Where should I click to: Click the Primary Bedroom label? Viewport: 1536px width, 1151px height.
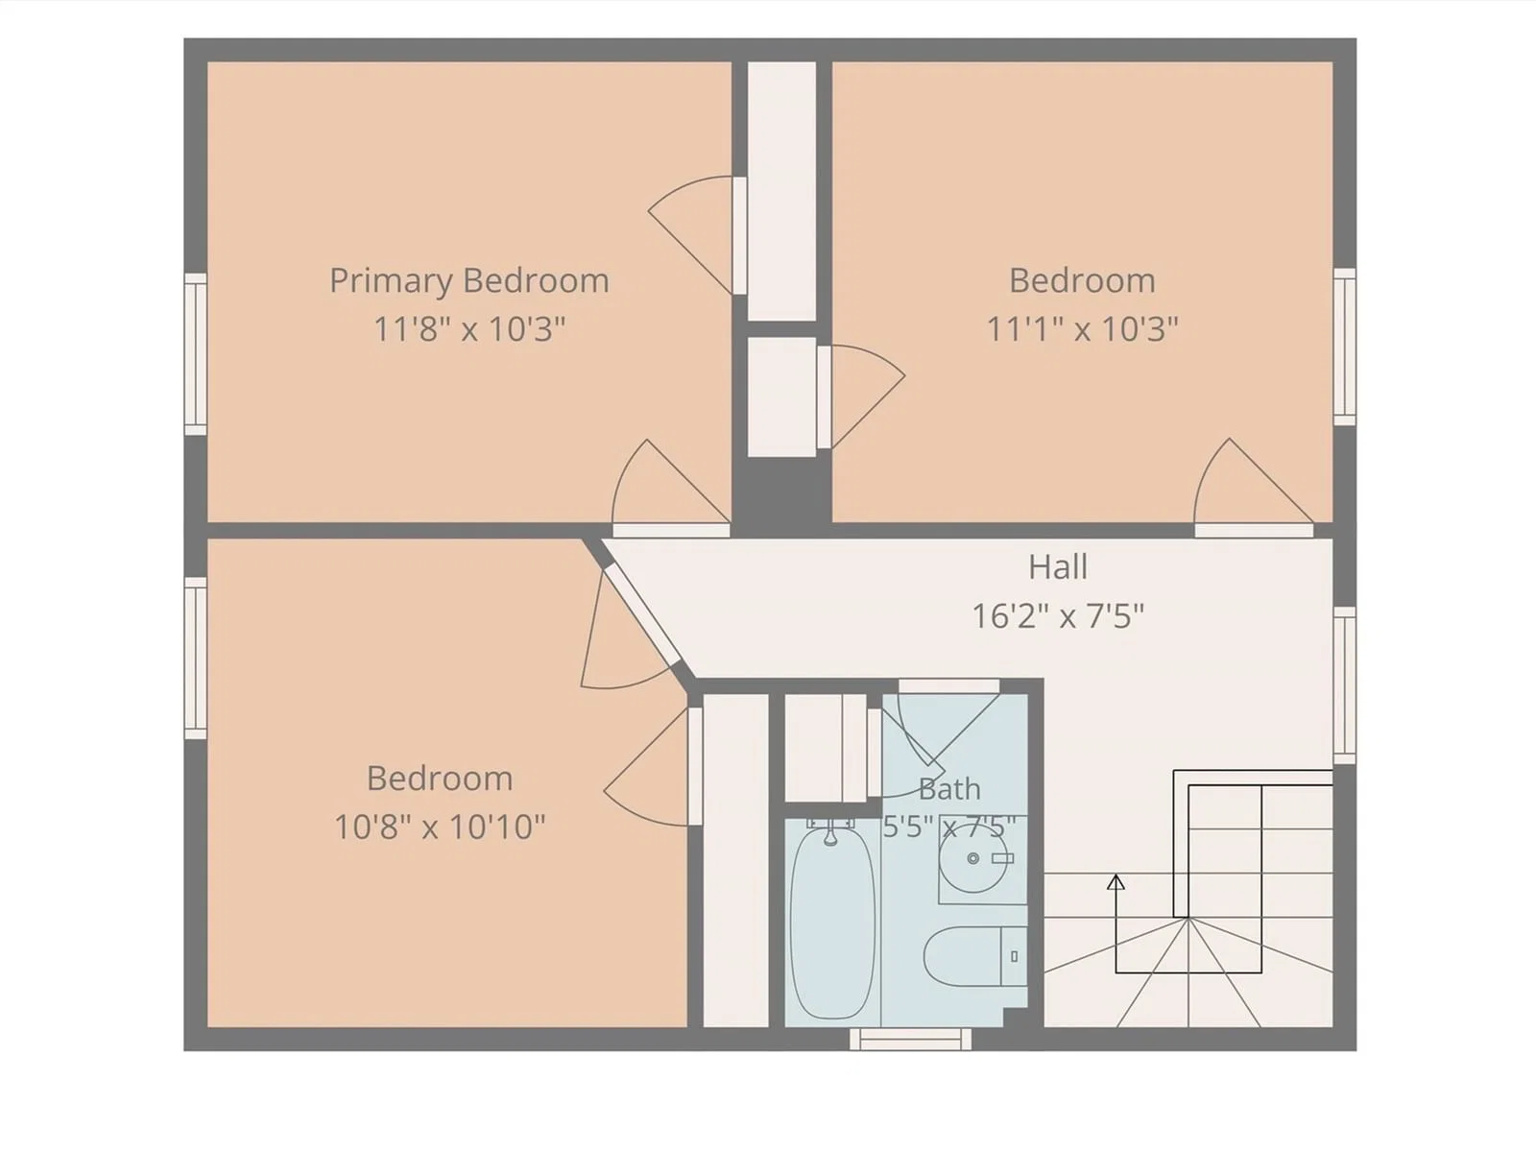(469, 281)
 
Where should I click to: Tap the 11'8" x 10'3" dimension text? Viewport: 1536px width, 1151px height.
(469, 329)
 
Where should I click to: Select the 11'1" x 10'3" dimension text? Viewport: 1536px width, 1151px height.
(1083, 329)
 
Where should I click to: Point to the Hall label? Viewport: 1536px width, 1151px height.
(1058, 566)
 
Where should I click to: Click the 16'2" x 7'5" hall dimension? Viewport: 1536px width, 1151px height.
(1058, 616)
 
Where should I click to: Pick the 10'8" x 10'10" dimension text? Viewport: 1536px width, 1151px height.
(440, 827)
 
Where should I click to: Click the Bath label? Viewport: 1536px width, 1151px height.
(949, 789)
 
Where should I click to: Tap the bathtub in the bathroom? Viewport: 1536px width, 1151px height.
(832, 923)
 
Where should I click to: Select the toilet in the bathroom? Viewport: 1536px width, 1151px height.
(975, 956)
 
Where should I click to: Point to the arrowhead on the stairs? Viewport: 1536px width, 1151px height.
(1116, 882)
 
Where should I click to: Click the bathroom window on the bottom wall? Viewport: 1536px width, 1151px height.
(910, 1039)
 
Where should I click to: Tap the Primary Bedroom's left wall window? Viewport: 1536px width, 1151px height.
(196, 354)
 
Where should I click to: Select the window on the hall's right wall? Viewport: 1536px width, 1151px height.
(1344, 685)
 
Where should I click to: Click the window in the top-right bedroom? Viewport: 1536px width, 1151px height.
(1344, 347)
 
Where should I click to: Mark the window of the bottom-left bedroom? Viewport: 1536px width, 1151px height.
(196, 658)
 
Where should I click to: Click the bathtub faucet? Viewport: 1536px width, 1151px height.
(830, 832)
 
